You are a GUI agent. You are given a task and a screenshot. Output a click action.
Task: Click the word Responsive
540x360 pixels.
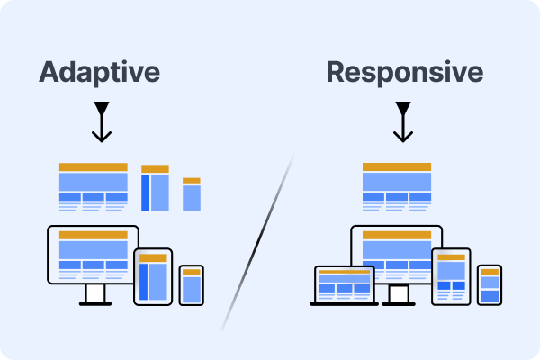click(404, 72)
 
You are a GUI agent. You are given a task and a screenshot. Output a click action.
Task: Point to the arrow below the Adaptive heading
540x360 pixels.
click(102, 121)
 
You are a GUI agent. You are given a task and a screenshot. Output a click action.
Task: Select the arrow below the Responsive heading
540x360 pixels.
click(404, 121)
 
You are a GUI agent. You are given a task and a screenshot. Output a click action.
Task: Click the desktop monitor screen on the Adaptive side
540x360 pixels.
click(93, 254)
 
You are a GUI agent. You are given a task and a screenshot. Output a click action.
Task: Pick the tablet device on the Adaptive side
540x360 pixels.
click(153, 275)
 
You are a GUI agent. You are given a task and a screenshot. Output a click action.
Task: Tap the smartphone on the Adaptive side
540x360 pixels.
click(192, 286)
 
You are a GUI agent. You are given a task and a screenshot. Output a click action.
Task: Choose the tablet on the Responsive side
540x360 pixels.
click(451, 275)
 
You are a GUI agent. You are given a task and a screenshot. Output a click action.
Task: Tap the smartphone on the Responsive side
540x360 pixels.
click(489, 285)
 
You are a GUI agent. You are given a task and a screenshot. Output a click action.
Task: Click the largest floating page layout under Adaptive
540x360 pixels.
click(93, 186)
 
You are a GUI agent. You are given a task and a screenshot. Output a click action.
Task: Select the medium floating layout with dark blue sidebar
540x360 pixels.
click(155, 188)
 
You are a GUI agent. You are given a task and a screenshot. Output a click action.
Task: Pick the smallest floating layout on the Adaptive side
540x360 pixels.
click(191, 194)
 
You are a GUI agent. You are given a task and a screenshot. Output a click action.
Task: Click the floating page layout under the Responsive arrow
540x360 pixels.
click(396, 186)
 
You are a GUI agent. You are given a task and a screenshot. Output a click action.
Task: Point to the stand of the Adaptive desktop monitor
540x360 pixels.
click(94, 295)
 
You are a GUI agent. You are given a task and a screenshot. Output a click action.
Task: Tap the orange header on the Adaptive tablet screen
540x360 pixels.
click(153, 258)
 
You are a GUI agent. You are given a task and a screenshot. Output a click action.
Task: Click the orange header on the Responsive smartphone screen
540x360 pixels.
click(489, 271)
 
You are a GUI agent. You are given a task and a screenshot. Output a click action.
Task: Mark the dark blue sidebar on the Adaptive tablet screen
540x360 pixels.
click(144, 281)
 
